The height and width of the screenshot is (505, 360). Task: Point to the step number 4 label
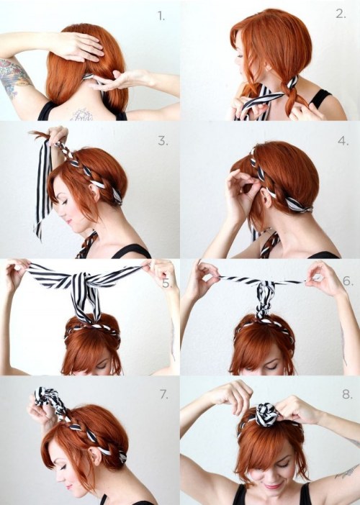(x=341, y=142)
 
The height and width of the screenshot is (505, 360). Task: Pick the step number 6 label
(x=348, y=281)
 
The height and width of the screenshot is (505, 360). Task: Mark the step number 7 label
(x=165, y=394)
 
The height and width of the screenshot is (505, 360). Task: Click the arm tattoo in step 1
(x=14, y=76)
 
